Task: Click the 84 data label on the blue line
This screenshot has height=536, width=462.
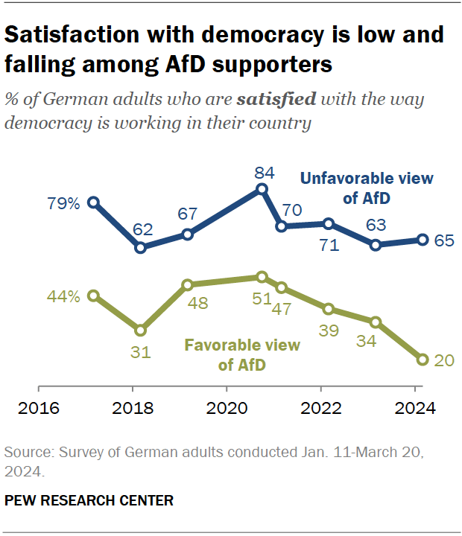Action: [x=264, y=173]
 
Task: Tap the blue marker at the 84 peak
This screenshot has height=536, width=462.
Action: [x=262, y=189]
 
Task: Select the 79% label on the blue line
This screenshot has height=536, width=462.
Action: [x=63, y=202]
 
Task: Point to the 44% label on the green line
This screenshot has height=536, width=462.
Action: [x=63, y=296]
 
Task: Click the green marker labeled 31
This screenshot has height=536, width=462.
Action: [x=140, y=330]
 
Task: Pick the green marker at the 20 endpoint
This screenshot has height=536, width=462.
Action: [x=423, y=360]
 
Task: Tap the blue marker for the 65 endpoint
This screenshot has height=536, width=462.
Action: [x=423, y=240]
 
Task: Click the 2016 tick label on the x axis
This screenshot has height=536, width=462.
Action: [x=38, y=409]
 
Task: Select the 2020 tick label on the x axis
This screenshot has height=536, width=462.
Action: [x=227, y=409]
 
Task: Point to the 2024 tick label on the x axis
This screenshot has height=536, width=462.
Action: [x=414, y=409]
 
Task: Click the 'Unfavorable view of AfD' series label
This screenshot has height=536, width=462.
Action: [x=366, y=188]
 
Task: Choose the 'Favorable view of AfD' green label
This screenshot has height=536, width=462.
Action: [x=242, y=355]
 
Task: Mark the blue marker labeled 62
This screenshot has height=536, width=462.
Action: [x=140, y=247]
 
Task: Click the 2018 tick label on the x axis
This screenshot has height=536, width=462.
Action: [x=133, y=409]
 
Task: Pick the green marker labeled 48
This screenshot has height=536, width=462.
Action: [x=188, y=284]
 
